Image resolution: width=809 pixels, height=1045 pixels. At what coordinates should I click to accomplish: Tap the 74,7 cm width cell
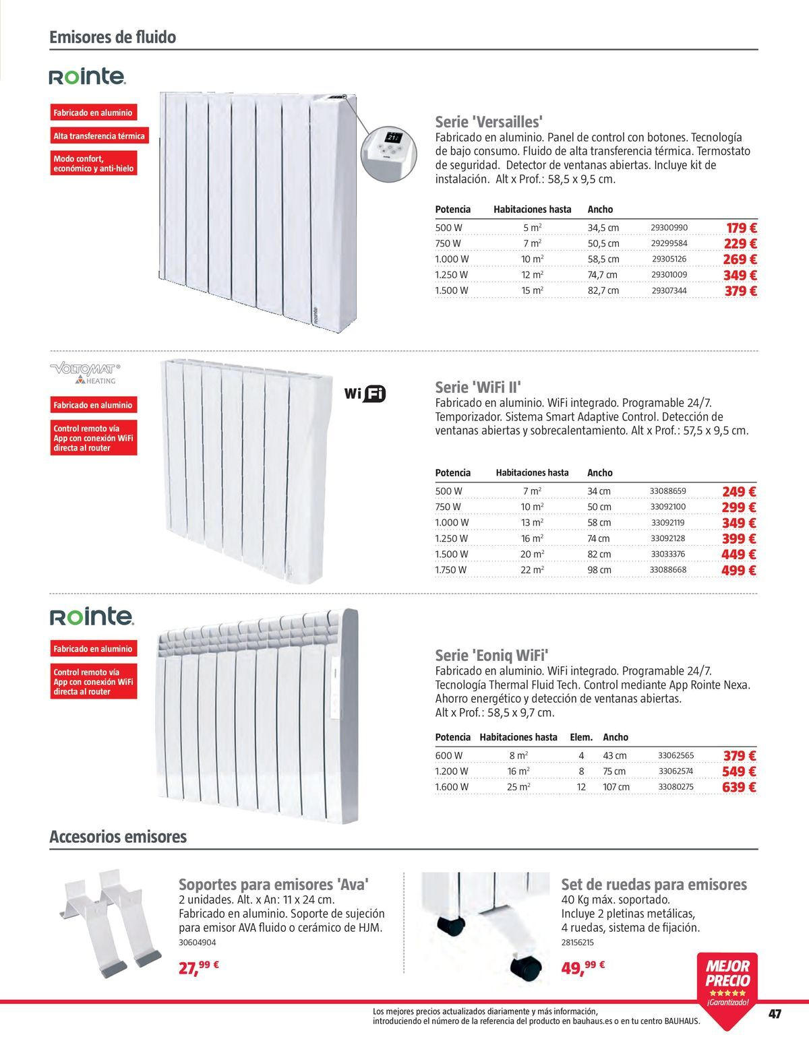(603, 275)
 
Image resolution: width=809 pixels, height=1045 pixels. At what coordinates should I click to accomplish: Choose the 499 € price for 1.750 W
(739, 571)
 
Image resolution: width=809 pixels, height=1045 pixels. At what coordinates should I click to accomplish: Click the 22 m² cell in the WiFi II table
(532, 570)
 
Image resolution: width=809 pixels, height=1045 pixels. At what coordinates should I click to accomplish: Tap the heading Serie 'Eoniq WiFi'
(491, 655)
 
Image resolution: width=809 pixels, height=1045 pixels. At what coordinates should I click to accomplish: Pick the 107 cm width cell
(616, 787)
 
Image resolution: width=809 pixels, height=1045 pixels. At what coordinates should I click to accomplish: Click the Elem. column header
(581, 737)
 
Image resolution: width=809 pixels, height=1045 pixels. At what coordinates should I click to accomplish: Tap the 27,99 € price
(199, 968)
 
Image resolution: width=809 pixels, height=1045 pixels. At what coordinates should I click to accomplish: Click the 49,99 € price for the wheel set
(582, 968)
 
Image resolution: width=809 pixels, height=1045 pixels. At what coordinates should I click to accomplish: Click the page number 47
(774, 1015)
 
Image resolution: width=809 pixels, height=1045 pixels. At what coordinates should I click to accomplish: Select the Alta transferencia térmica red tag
(99, 136)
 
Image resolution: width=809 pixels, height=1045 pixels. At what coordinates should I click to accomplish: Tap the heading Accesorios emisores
(118, 837)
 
